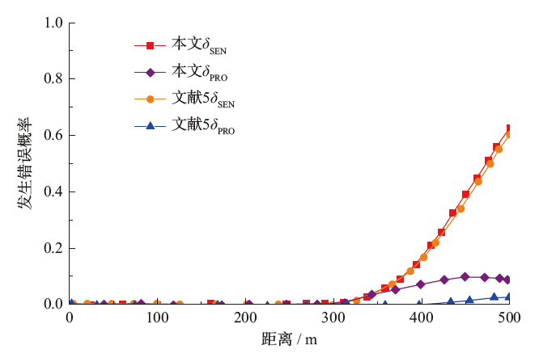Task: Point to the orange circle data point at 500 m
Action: tap(508, 134)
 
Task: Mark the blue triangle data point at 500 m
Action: tap(508, 297)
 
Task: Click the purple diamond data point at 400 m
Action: tap(421, 284)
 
